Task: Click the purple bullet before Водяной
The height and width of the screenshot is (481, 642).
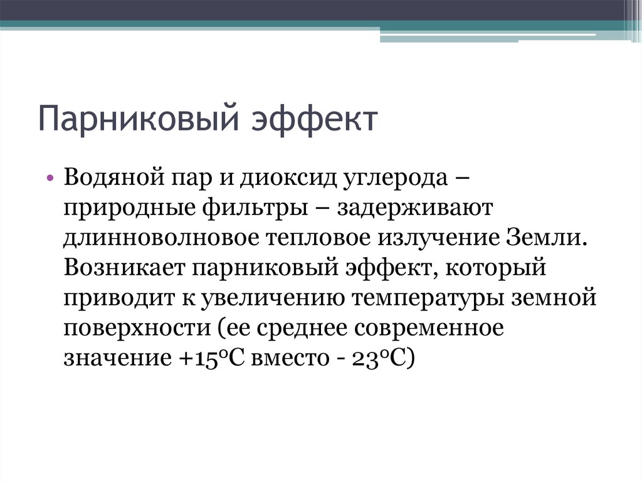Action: point(51,178)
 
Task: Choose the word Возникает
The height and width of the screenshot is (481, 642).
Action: point(123,270)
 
